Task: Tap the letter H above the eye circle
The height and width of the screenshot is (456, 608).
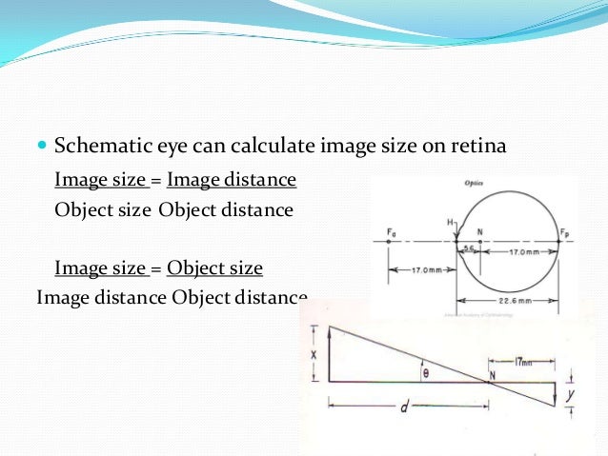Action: click(x=449, y=222)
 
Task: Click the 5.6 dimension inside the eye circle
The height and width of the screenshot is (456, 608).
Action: click(x=467, y=248)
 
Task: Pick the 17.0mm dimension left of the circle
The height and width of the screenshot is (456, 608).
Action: click(x=422, y=270)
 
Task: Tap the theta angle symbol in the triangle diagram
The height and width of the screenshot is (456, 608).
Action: click(x=426, y=373)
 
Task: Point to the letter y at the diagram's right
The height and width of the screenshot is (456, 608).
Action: click(x=569, y=392)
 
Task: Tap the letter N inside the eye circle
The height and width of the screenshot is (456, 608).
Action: click(x=479, y=231)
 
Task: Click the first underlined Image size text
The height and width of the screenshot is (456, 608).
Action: click(x=101, y=179)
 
